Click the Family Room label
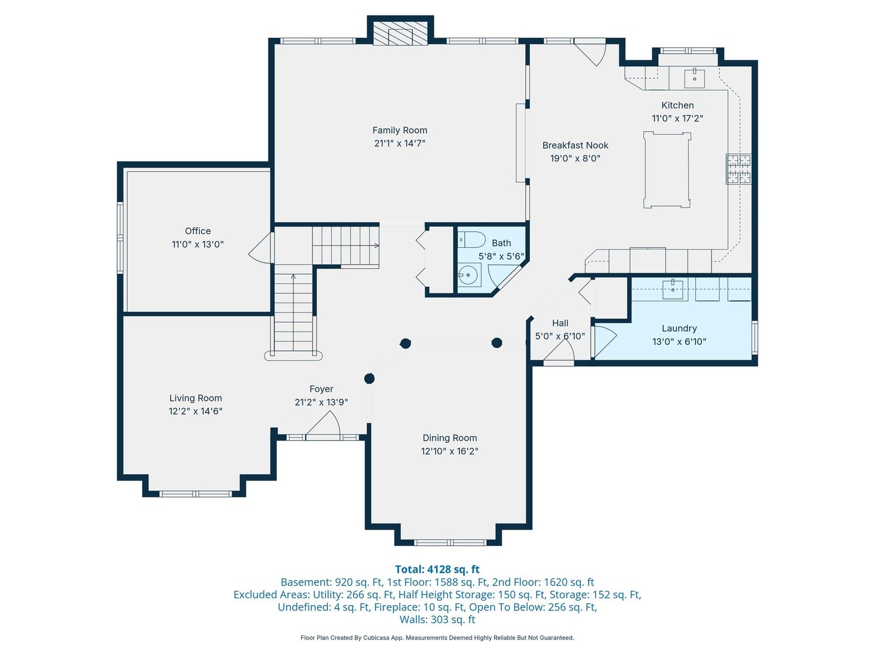pos(399,130)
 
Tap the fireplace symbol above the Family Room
pos(400,35)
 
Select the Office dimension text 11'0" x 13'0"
pos(197,244)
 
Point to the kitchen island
pos(667,170)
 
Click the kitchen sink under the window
pos(694,78)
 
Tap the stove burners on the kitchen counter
pos(738,169)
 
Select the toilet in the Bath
pos(472,239)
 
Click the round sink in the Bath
pos(468,275)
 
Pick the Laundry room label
pos(679,328)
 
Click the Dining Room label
pos(450,438)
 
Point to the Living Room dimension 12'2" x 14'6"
pos(195,411)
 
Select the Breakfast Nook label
pos(575,145)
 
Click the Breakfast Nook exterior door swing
pos(592,52)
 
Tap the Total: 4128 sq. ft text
pos(437,569)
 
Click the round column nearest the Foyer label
pos(369,378)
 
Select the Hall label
pos(560,323)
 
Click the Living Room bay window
pos(195,494)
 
